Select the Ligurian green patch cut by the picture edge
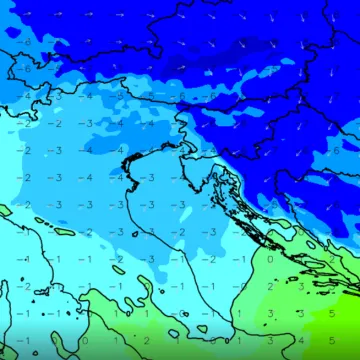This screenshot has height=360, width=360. coord(4,210)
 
